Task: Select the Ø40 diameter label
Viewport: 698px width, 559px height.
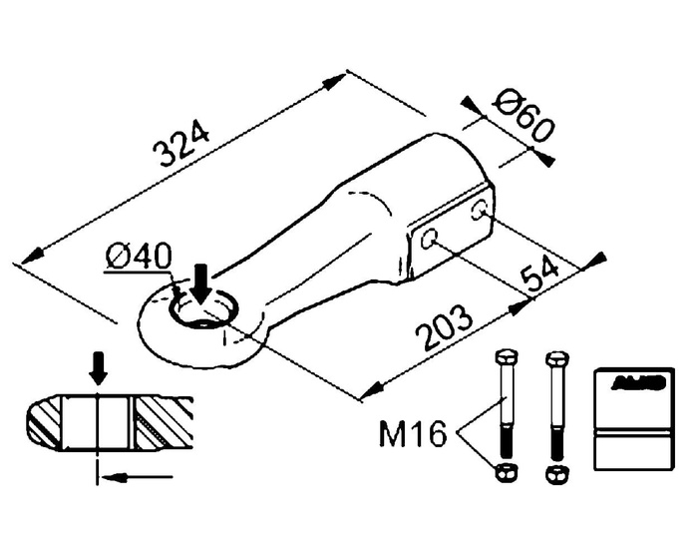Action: (x=140, y=258)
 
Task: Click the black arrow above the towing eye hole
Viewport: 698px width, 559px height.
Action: (x=200, y=281)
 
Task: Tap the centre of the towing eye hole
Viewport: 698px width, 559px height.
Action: (x=203, y=312)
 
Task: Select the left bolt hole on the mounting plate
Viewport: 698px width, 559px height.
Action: (x=430, y=240)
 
